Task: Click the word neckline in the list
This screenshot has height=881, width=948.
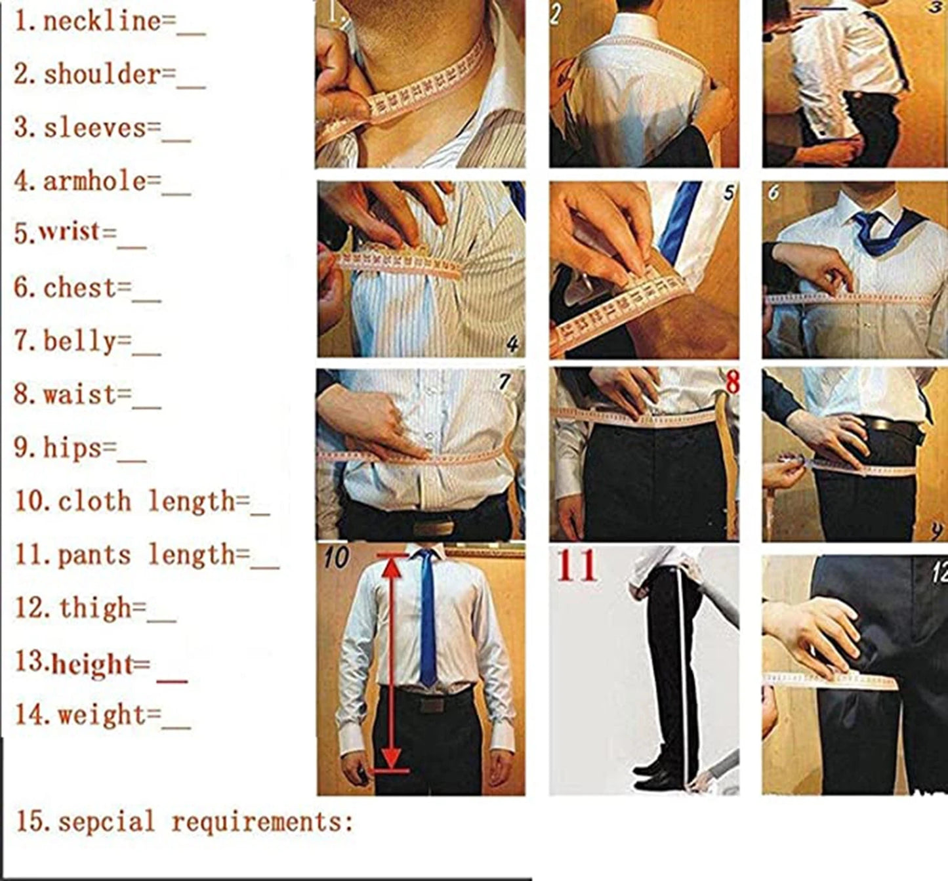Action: pyautogui.click(x=102, y=22)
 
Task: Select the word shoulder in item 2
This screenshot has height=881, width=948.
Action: pyautogui.click(x=102, y=74)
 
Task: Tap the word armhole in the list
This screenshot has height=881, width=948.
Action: pyautogui.click(x=94, y=182)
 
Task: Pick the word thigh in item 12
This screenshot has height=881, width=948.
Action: pyautogui.click(x=95, y=608)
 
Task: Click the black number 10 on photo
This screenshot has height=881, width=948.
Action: pyautogui.click(x=335, y=558)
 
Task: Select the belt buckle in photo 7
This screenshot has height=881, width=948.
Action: pyautogui.click(x=432, y=527)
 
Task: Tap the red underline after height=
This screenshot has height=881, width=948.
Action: pyautogui.click(x=172, y=681)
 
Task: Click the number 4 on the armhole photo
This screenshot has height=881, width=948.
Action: pyautogui.click(x=512, y=344)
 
